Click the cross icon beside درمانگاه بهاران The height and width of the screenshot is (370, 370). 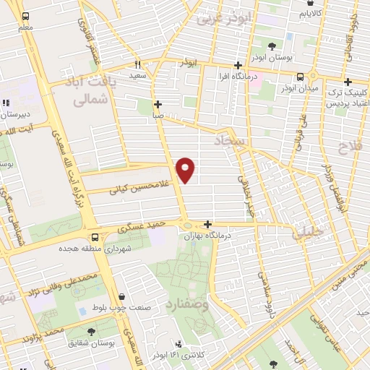(208, 224)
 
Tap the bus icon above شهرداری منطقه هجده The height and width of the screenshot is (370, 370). (95, 237)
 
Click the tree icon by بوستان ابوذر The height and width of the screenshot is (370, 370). (272, 46)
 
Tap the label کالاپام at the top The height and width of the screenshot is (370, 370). (311, 13)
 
